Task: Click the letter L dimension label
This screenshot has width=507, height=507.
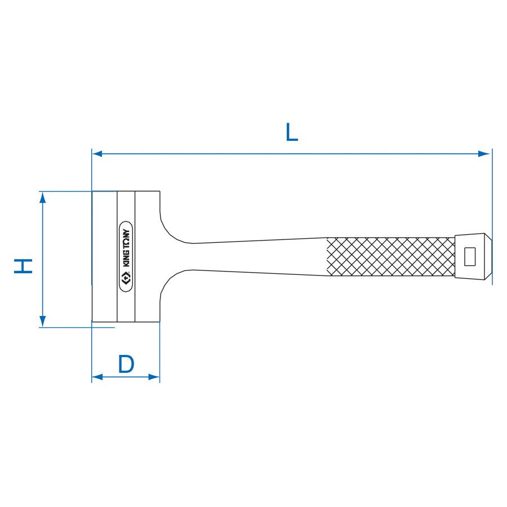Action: coord(291,132)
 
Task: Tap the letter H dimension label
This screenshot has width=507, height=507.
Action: coord(23,266)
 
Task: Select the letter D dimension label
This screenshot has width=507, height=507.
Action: coord(126,364)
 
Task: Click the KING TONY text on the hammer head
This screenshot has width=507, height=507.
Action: coord(127,248)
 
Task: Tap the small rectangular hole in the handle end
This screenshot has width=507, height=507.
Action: coord(469,257)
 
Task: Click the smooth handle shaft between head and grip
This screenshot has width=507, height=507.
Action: coord(259,257)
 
